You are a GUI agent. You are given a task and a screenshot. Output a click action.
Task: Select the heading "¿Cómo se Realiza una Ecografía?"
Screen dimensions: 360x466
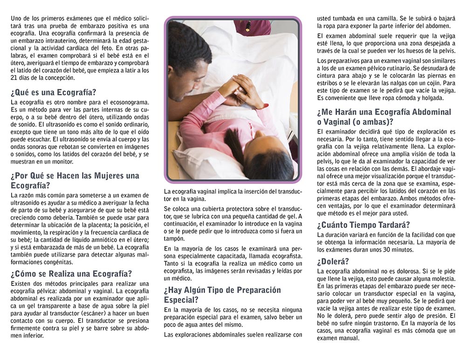tap(71, 273)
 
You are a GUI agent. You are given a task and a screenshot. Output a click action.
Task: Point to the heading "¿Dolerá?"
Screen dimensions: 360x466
tap(333, 261)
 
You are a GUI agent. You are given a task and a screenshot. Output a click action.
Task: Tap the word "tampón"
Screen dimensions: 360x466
tap(173, 238)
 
